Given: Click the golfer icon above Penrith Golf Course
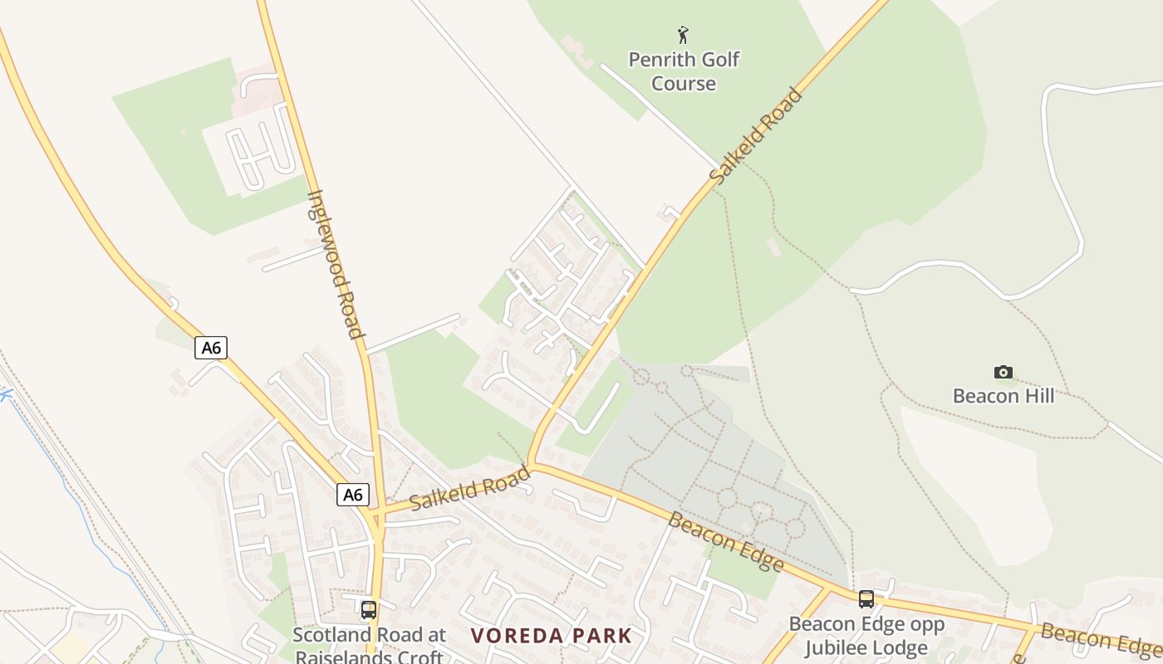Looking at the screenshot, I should point(683,35).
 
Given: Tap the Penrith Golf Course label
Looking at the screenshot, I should point(684,71).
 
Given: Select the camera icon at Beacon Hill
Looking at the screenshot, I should point(1004,372).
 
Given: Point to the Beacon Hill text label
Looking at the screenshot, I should point(1004,396).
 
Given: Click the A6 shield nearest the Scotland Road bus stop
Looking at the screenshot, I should point(353,495).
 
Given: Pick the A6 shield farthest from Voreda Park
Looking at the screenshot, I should point(211,347).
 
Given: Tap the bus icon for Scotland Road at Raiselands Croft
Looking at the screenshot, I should point(369,610).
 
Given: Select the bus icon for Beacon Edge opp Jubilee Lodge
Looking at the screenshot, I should point(866,598).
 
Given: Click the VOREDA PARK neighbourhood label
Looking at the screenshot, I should point(552,637).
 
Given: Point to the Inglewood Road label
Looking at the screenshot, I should point(336,265).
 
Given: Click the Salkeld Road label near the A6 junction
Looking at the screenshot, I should point(469,489).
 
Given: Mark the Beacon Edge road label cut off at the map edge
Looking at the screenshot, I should point(1100,638).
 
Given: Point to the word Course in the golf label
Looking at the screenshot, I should point(684,84).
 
